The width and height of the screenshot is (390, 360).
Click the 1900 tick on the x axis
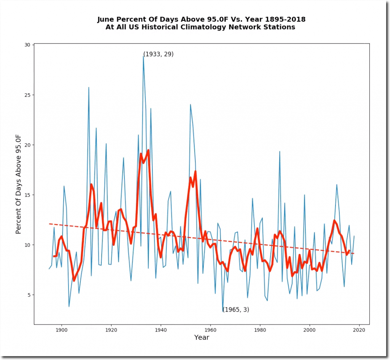[x=61, y=325]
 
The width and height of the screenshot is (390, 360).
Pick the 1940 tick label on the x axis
[x=161, y=330]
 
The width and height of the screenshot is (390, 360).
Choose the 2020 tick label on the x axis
[x=360, y=330]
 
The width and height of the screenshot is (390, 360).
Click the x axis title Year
[x=201, y=338]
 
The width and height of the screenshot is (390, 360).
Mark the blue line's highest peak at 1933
[x=143, y=56]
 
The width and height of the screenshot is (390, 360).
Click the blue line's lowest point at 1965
[x=223, y=312]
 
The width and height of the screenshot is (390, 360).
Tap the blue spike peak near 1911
[x=89, y=87]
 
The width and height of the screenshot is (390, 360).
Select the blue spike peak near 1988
[x=280, y=151]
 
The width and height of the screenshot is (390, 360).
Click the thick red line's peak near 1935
[x=148, y=150]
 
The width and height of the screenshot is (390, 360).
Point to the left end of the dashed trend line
[x=49, y=224]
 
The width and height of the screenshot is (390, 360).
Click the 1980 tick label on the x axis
[x=260, y=330]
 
